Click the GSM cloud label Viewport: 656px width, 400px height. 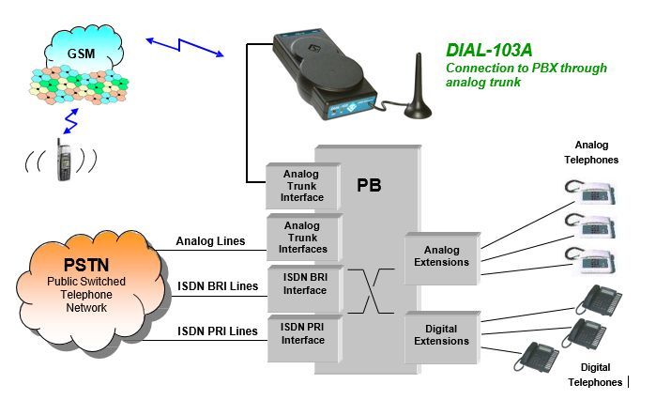[80, 53]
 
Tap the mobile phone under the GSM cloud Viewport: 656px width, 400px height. [64, 160]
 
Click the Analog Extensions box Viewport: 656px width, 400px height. [442, 255]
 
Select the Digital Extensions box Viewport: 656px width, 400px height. [442, 335]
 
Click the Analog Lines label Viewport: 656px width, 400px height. [210, 241]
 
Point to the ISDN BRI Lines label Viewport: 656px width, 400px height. [217, 285]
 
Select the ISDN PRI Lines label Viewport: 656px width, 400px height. [217, 331]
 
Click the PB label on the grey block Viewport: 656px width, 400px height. [369, 185]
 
